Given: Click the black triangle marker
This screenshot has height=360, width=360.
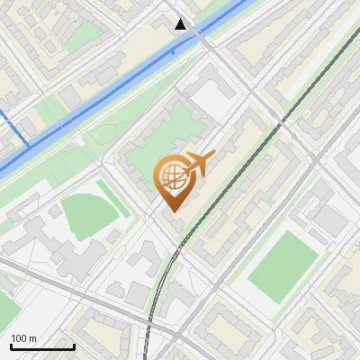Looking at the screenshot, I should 181,24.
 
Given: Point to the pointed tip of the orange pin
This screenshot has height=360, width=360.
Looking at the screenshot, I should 172,211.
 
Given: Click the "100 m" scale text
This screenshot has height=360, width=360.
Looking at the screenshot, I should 24,338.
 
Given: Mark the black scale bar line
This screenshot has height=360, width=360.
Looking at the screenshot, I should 42,346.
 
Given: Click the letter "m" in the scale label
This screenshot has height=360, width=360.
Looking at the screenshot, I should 33,338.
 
